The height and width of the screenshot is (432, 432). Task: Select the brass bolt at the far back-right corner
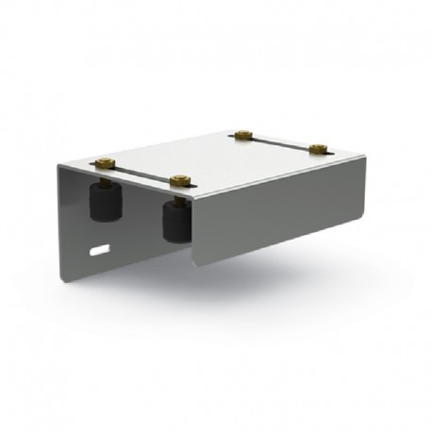(x=318, y=148)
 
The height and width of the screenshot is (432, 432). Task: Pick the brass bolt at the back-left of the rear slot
(x=244, y=137)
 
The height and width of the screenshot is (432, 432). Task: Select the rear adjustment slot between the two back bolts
(x=281, y=142)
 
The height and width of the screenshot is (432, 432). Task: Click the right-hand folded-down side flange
(x=283, y=217)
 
